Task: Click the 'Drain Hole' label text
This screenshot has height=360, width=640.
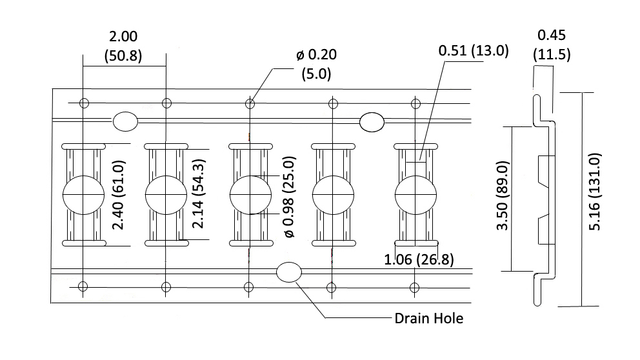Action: click(x=428, y=318)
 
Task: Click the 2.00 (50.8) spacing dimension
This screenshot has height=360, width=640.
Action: click(x=123, y=46)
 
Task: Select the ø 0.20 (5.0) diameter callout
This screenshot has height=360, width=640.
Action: click(x=316, y=64)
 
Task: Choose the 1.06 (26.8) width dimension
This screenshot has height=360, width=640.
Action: click(x=419, y=260)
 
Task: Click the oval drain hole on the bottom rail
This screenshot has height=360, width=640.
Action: click(x=288, y=273)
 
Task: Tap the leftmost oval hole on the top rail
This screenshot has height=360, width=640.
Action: click(x=125, y=121)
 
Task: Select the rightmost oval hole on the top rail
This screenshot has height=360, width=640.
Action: click(x=372, y=121)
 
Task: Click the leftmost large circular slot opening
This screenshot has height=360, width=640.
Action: click(x=84, y=194)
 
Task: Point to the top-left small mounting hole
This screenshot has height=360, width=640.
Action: click(x=84, y=103)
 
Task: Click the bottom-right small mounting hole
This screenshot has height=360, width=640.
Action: click(x=414, y=286)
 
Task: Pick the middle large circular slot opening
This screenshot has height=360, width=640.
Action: click(x=250, y=194)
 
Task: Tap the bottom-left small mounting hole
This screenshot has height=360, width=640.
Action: click(x=84, y=286)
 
